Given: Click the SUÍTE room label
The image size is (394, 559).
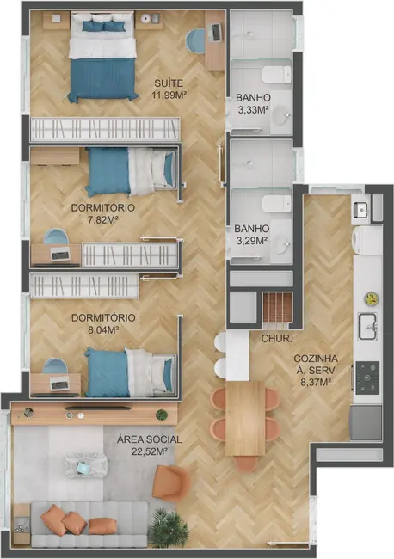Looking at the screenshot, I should pos(169,83).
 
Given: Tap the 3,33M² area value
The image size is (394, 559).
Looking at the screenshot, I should pos(253,110).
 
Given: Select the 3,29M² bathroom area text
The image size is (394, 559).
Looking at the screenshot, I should pos(253,242).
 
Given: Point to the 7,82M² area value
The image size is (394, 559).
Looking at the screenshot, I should pos(102,219).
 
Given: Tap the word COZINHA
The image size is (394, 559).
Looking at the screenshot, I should pos(315,359).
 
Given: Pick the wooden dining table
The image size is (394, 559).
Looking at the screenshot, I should pos(244,417).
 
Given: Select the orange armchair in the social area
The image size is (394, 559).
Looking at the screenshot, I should pos(171,482).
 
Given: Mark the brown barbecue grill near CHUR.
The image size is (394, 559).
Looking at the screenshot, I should pos(277,308).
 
